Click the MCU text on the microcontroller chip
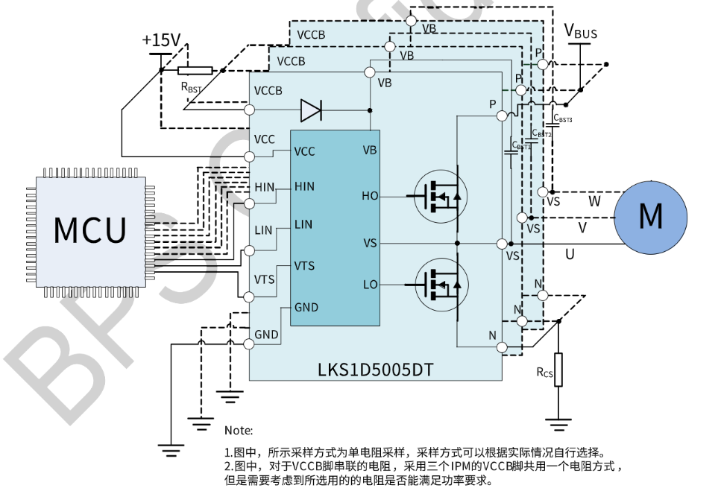pyautogui.click(x=90, y=230)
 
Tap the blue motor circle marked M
pyautogui.click(x=650, y=216)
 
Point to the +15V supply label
pyautogui.click(x=160, y=39)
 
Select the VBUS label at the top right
pyautogui.click(x=580, y=31)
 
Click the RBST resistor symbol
pyautogui.click(x=195, y=71)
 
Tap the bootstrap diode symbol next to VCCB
pyautogui.click(x=310, y=110)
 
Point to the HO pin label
pyautogui.click(x=370, y=196)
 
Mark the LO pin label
pyautogui.click(x=370, y=285)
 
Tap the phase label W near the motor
pyautogui.click(x=594, y=201)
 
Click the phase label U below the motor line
pyautogui.click(x=570, y=255)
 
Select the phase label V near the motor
pyautogui.click(x=582, y=227)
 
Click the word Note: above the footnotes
pyautogui.click(x=239, y=430)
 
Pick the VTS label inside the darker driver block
pyautogui.click(x=304, y=266)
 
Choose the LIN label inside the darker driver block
pyautogui.click(x=303, y=224)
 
